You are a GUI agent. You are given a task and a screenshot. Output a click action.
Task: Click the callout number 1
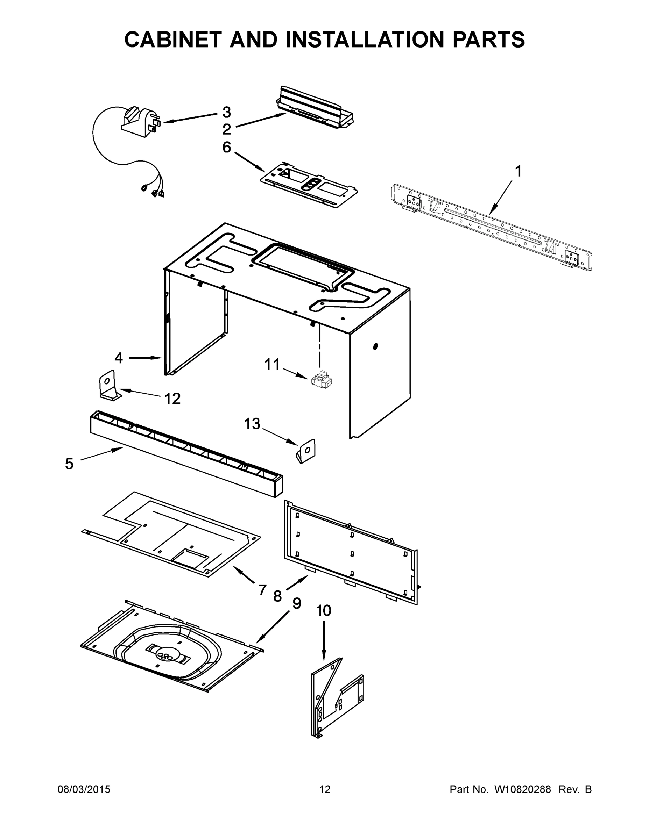click(518, 171)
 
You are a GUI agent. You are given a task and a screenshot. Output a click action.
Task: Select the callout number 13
click(252, 424)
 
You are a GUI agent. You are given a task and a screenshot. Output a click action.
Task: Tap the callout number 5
click(69, 464)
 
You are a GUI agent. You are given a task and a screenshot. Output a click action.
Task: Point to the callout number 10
click(324, 610)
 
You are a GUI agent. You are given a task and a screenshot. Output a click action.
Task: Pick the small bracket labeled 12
click(108, 386)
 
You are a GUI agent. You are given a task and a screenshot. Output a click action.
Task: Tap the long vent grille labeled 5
click(186, 453)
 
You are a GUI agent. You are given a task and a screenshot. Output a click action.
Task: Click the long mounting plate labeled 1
click(491, 228)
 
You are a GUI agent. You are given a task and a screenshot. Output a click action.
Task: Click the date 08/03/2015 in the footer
click(84, 789)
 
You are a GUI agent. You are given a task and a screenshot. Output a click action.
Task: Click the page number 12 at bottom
click(325, 789)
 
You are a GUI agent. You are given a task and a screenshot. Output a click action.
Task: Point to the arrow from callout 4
click(145, 358)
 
